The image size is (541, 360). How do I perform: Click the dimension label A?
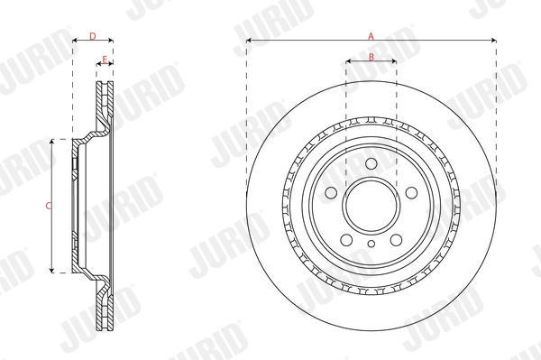371,35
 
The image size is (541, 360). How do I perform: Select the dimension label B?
371,57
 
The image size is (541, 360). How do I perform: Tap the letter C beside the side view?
48,206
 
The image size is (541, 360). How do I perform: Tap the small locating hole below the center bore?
371,244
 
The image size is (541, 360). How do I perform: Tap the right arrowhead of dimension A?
493,41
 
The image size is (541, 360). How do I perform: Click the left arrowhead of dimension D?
75,41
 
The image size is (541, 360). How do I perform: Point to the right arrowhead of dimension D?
110,41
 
